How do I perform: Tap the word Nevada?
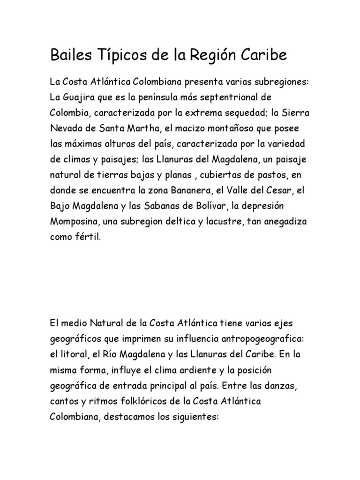[x=66, y=128]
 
